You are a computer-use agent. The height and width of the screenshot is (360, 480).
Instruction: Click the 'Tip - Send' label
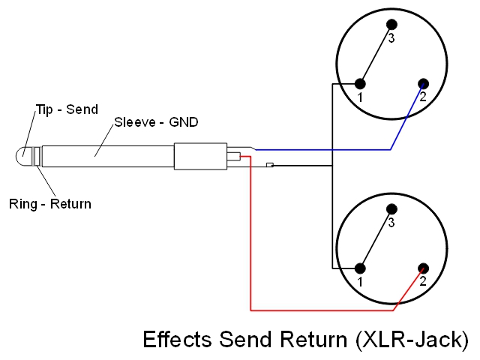point(67,109)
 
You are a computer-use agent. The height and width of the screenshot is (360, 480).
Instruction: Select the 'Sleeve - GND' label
point(156,121)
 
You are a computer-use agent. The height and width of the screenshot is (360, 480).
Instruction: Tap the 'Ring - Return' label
point(49,203)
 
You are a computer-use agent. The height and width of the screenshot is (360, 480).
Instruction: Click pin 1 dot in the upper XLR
point(361,83)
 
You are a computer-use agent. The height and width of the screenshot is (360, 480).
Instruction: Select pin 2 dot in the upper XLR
point(423,83)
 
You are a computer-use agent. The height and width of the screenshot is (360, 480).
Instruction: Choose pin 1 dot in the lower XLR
point(361,268)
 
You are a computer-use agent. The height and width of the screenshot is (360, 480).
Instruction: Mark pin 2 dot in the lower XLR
point(423,268)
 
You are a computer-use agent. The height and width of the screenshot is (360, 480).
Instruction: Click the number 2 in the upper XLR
point(423,97)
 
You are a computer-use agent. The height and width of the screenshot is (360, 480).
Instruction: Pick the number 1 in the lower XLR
point(361,282)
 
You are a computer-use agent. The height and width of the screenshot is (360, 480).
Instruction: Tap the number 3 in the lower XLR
point(391,224)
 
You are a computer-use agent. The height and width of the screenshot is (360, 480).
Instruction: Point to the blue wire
point(322,150)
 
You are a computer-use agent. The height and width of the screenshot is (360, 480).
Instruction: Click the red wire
point(250,240)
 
